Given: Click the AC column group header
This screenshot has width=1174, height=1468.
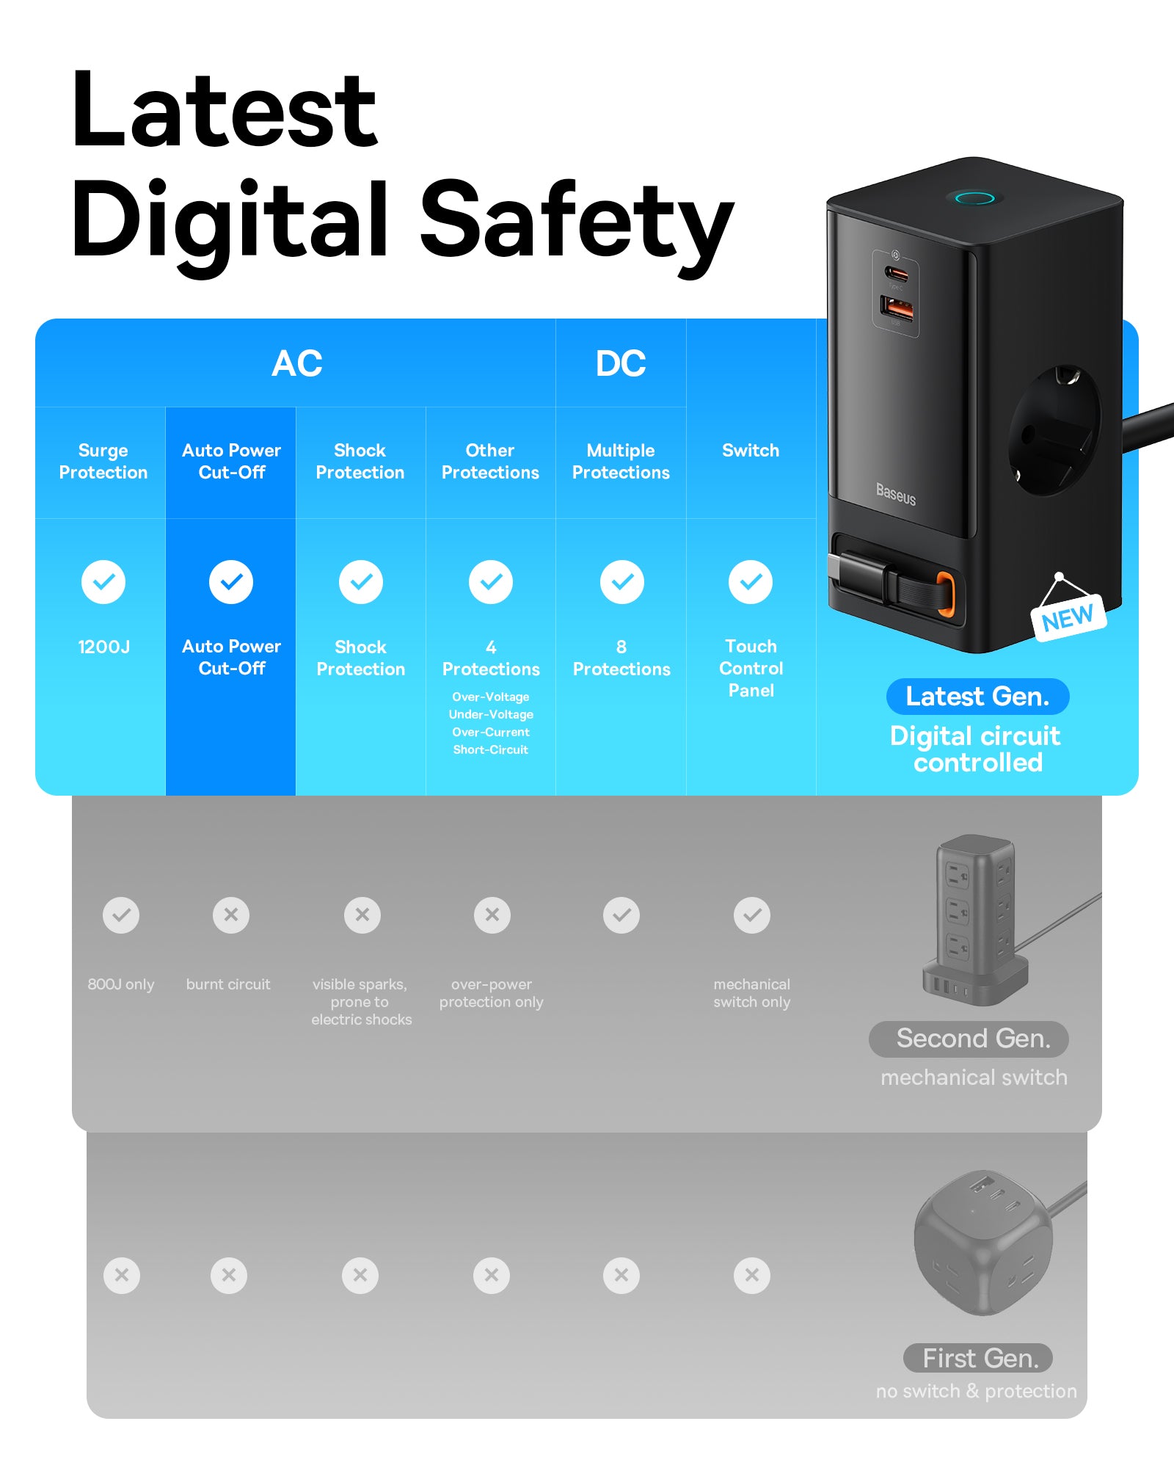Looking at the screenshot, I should coord(296,363).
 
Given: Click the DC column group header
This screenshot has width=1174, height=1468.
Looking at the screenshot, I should coord(621,363).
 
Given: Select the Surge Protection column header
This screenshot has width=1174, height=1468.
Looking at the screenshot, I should coord(103,461).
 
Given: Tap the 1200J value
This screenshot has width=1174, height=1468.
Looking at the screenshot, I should coord(103,647).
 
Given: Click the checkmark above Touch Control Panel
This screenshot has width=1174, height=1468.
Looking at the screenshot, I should coord(751,582).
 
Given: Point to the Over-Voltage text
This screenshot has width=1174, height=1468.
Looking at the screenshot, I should coord(490,697).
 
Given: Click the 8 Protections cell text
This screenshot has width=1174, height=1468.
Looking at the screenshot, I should coord(621,658).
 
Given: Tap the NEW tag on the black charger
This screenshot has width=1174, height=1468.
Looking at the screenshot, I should coord(1068,618).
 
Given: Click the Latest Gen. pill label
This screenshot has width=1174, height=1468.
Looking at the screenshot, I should coord(977,696).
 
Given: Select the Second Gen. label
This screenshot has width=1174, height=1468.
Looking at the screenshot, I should coord(973,1039).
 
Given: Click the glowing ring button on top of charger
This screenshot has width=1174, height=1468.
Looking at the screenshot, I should coord(974,197).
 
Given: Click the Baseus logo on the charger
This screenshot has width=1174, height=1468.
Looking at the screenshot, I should coord(896,494).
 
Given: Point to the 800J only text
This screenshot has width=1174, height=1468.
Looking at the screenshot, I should coord(121,984).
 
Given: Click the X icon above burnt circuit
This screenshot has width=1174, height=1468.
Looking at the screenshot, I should coord(231,915).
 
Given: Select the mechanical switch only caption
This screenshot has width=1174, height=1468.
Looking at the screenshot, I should coord(751,993).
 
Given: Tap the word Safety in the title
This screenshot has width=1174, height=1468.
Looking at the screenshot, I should coord(577,220).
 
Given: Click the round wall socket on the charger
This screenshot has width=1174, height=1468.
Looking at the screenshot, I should coord(1054,430).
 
